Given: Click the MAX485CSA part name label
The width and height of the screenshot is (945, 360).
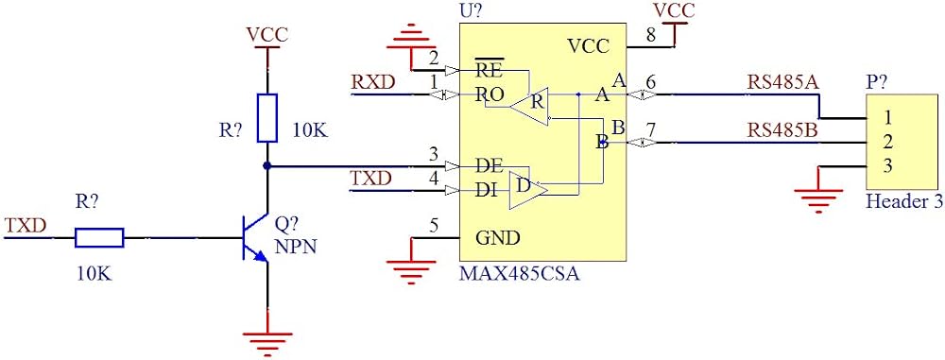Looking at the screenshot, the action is (519, 274).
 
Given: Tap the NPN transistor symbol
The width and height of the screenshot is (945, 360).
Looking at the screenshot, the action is (253, 237).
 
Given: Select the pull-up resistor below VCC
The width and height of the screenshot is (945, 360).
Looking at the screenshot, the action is (267, 117).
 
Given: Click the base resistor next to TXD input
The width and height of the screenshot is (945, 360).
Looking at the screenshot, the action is (99, 237).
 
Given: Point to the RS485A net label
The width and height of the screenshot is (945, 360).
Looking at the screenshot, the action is (782, 81).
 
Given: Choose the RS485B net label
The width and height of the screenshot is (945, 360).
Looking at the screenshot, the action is (782, 129).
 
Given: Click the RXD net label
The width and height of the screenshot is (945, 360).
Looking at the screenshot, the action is (373, 81).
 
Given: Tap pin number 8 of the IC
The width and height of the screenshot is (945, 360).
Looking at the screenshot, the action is (651, 35).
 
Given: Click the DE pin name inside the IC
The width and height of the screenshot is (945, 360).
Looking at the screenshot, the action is (490, 166).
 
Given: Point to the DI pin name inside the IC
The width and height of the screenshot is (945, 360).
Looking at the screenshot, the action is (487, 191).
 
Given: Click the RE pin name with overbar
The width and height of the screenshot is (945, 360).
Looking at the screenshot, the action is (490, 69).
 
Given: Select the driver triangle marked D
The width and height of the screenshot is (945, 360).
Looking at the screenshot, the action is (528, 190).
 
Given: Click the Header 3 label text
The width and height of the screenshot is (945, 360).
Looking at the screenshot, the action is (904, 202).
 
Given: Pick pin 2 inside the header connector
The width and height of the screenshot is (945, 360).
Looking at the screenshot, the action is (887, 142).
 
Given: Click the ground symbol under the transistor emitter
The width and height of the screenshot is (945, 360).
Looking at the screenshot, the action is (267, 342).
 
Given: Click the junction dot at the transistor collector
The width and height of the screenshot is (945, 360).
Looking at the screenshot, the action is (267, 166).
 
